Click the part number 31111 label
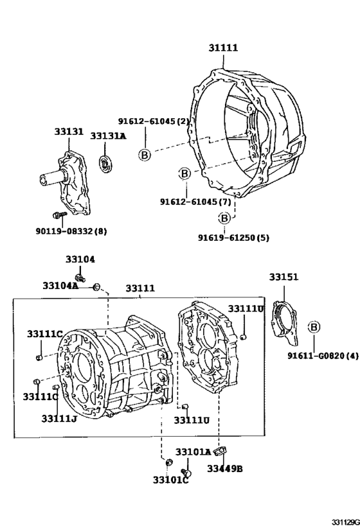pyautogui.click(x=222, y=48)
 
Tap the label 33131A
pyautogui.click(x=107, y=136)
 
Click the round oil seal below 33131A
pyautogui.click(x=104, y=162)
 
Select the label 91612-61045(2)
pyautogui.click(x=154, y=121)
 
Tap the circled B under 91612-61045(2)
pyautogui.click(x=145, y=155)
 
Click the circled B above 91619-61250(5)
pyautogui.click(x=224, y=218)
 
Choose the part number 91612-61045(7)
pyautogui.click(x=195, y=201)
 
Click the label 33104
pyautogui.click(x=80, y=259)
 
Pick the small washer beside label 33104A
pyautogui.click(x=96, y=286)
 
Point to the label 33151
pyautogui.click(x=283, y=277)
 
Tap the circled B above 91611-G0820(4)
pyautogui.click(x=314, y=327)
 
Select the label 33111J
pyautogui.click(x=60, y=419)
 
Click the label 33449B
pyautogui.click(x=225, y=469)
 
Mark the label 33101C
pyautogui.click(x=170, y=480)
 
